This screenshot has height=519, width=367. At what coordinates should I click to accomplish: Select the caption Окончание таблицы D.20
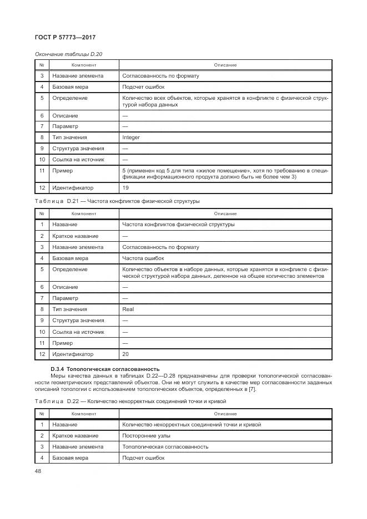68,54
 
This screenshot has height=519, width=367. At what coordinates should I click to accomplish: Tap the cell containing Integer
131,138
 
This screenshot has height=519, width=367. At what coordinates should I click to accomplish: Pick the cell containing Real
128,309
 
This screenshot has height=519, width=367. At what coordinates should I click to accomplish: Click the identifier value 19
125,189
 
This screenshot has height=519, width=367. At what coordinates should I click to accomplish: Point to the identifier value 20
125,354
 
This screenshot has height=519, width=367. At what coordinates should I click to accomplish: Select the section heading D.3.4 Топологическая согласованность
105,369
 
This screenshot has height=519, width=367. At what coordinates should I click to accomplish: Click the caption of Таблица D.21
117,201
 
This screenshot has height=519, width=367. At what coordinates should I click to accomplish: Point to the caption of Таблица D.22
130,401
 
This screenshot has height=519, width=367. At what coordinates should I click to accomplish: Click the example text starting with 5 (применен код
225,174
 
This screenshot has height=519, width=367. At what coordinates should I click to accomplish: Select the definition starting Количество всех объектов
225,101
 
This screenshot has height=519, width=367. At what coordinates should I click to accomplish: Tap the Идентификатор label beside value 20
73,354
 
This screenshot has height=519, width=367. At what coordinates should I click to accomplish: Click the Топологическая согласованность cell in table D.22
165,446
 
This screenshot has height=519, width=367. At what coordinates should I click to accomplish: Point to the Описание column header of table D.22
225,414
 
